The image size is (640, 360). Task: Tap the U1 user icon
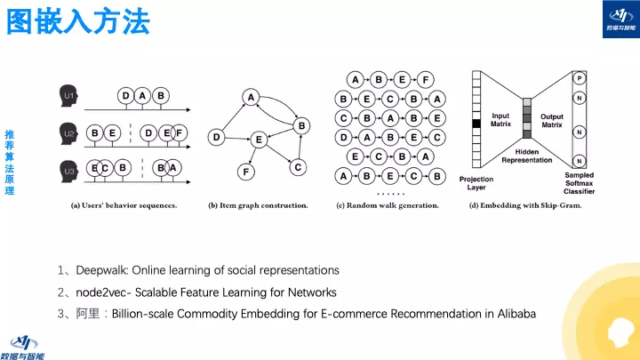coord(68,94)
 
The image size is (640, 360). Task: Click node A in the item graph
coord(252,97)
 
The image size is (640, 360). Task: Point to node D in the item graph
coord(215,137)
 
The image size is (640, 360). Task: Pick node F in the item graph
coord(248,170)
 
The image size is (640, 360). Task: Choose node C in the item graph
coord(299,166)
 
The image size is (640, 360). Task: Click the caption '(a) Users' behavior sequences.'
coord(124,205)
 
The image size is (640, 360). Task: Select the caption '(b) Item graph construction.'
coord(258,205)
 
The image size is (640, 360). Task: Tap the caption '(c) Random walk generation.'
coord(388,205)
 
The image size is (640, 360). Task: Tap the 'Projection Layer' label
coord(476,184)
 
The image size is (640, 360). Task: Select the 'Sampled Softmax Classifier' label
coord(580,183)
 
